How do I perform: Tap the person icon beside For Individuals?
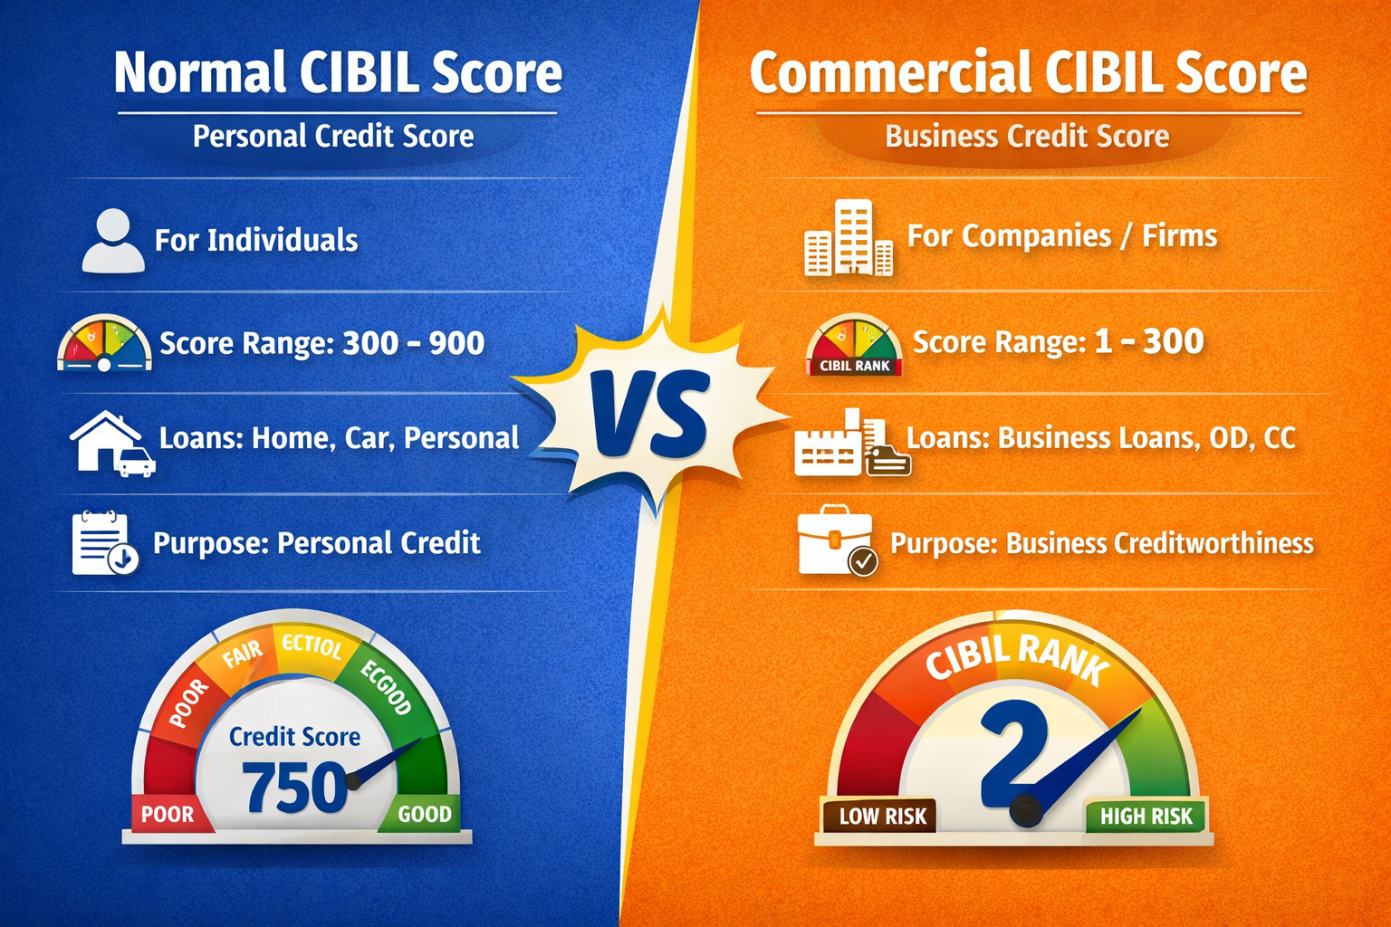tap(113, 241)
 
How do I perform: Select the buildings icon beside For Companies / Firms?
tap(849, 238)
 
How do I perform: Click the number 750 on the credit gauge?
tap(295, 788)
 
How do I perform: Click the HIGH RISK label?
tap(1146, 817)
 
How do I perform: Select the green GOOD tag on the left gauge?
tap(424, 814)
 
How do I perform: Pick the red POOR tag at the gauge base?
tap(168, 814)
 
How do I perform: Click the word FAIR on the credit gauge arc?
tap(243, 654)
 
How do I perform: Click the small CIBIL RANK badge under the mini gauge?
tap(855, 367)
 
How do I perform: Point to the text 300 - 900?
tap(414, 343)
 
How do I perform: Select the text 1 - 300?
tap(1148, 341)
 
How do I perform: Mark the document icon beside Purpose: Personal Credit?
tap(103, 543)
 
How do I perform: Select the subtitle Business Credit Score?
tap(1027, 136)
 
